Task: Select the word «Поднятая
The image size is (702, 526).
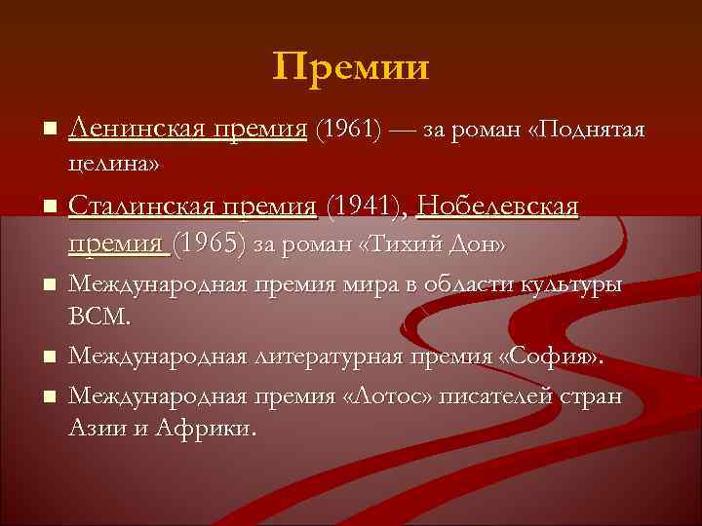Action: tap(585, 130)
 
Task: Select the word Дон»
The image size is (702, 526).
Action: tap(478, 244)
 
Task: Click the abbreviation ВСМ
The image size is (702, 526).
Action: tap(97, 318)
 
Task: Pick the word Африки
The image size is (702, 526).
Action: tap(212, 428)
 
